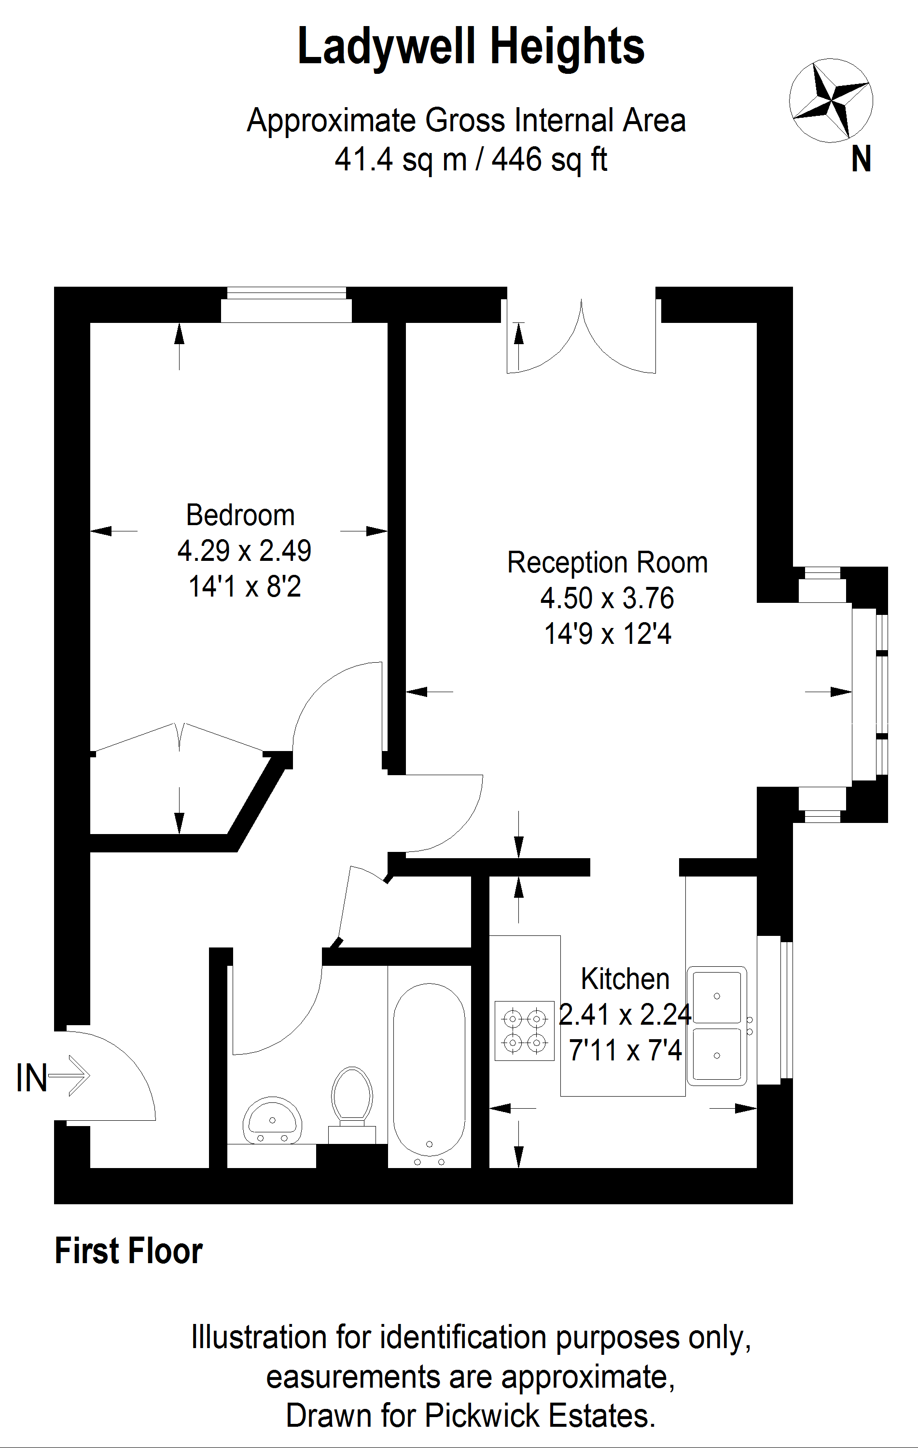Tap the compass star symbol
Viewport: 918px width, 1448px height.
(831, 100)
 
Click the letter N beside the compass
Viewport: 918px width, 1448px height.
(861, 160)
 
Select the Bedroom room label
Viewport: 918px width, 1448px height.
(240, 515)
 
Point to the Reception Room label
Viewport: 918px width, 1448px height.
(607, 563)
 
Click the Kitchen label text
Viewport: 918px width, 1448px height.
(625, 979)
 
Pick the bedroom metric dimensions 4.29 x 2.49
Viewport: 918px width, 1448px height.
(244, 551)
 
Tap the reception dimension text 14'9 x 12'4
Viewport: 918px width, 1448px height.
(607, 634)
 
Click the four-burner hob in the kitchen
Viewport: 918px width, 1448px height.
(524, 1030)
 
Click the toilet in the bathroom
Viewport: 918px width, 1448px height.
(352, 1105)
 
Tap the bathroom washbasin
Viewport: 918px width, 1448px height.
(272, 1121)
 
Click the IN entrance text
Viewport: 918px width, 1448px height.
(31, 1078)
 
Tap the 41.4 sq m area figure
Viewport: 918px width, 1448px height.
(401, 160)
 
